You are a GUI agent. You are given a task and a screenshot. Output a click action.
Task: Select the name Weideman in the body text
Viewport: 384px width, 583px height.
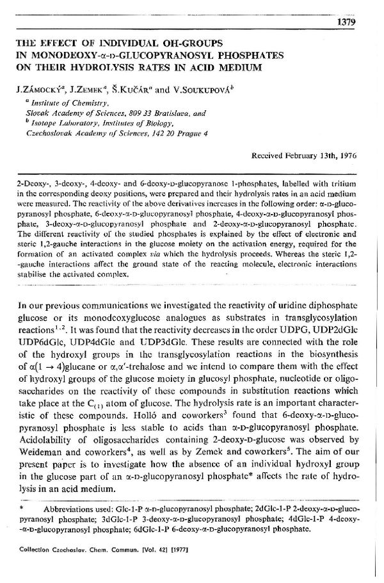tap(44, 442)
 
